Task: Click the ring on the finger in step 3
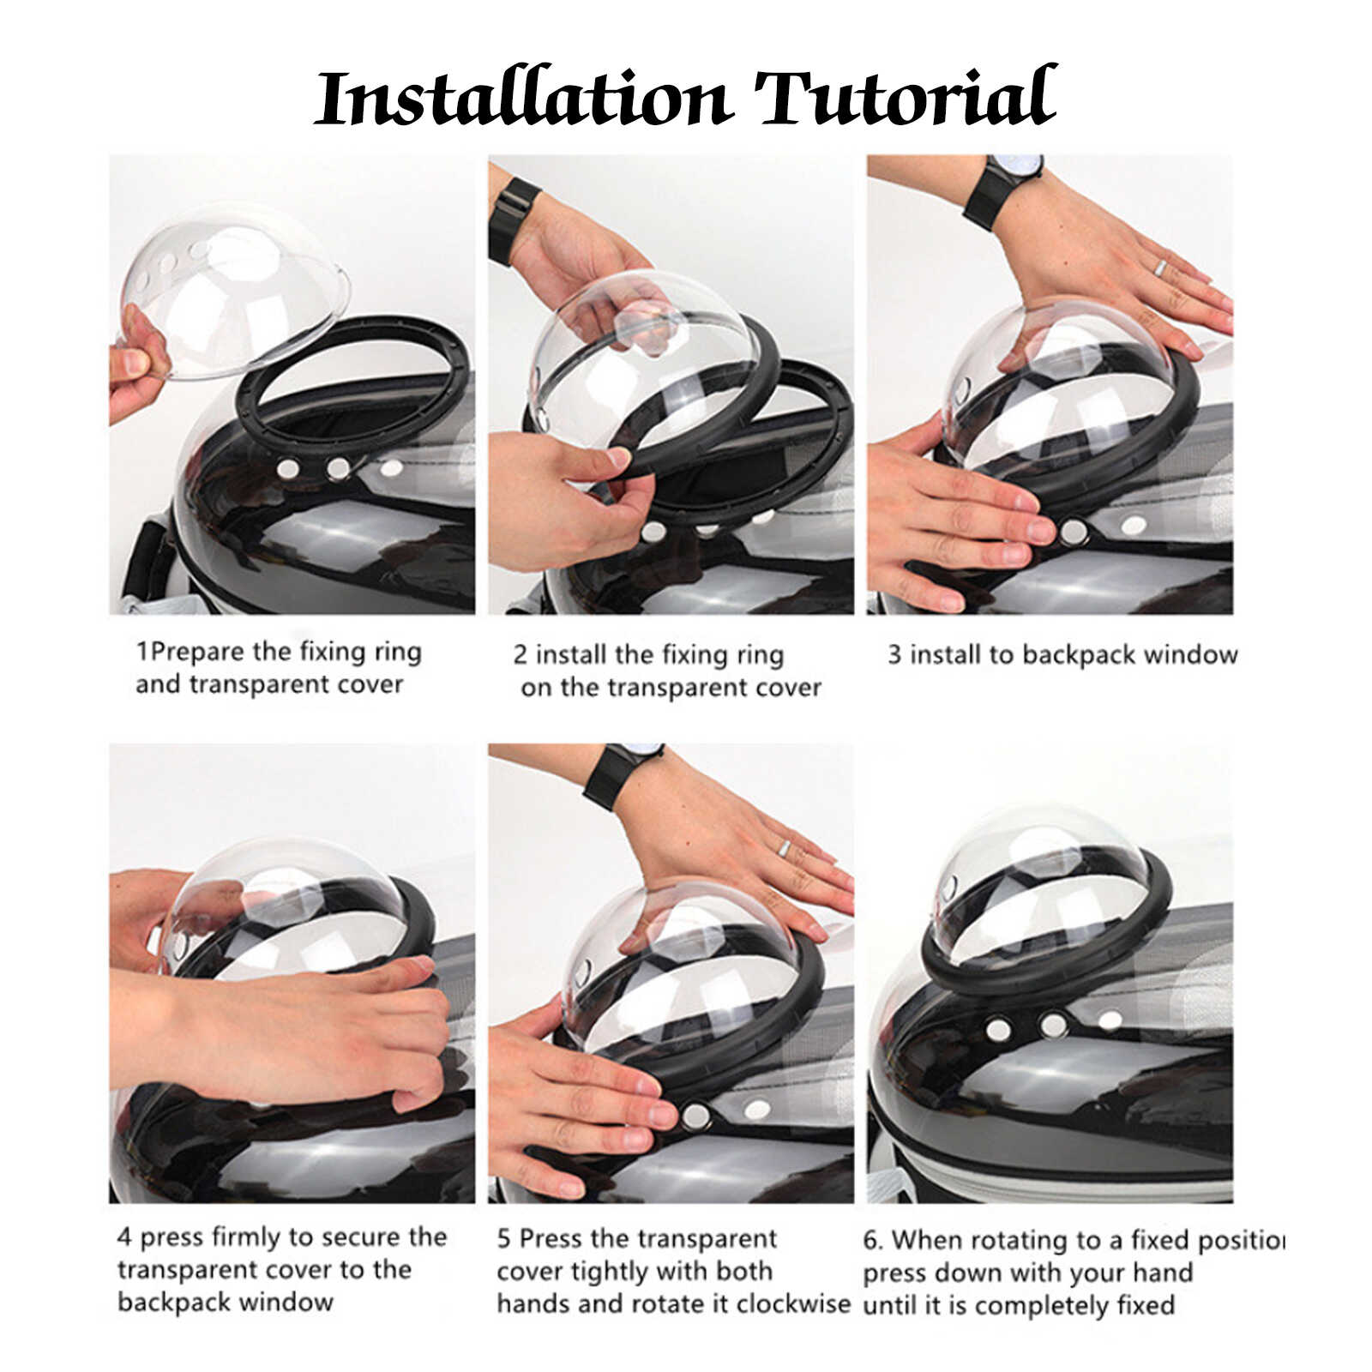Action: click(x=1159, y=266)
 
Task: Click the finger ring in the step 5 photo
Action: click(x=783, y=846)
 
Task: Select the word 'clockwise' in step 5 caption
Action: click(x=793, y=1303)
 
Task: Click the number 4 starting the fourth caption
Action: click(x=124, y=1237)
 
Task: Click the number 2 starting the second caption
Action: click(x=520, y=656)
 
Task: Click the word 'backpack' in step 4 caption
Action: click(x=171, y=1303)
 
